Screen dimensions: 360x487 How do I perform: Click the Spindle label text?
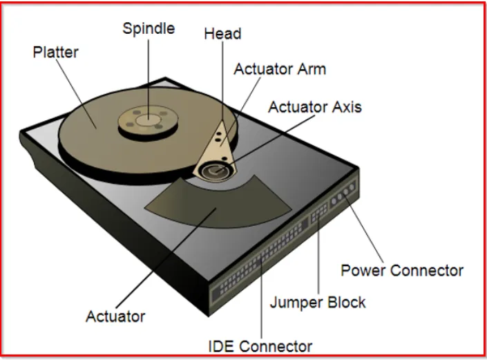(x=149, y=29)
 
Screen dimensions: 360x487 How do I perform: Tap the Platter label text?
(x=56, y=52)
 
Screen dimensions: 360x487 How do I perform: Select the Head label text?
(x=222, y=34)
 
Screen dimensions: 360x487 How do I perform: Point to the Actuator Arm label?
(x=280, y=69)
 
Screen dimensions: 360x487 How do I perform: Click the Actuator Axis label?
(x=314, y=107)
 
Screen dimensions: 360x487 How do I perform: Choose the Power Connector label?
(x=402, y=270)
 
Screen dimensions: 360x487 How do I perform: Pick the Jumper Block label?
(x=318, y=302)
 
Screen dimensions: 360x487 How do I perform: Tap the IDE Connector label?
(x=260, y=345)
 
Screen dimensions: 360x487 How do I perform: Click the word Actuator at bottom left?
(x=115, y=316)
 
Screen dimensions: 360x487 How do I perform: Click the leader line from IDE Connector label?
(x=261, y=304)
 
